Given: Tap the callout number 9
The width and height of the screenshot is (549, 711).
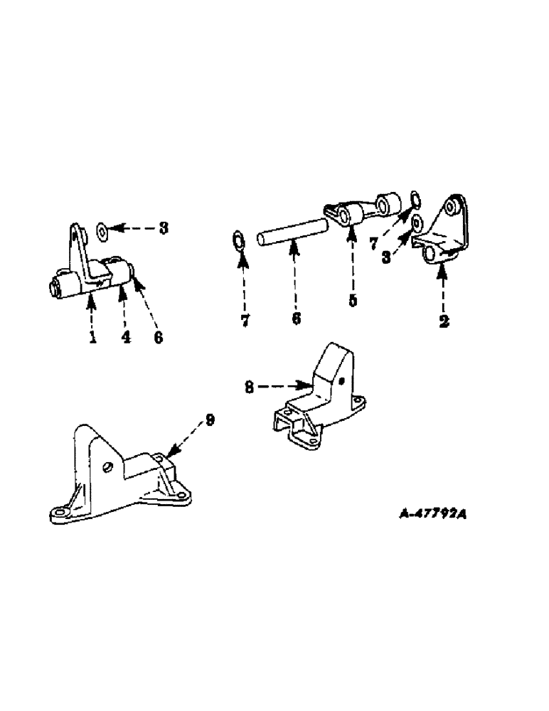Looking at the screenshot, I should coord(209,420).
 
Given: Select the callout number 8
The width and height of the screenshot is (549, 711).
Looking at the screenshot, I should coord(249,387).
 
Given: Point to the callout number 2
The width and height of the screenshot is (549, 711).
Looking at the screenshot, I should coord(444,321).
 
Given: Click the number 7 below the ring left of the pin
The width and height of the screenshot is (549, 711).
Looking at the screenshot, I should coord(245,321).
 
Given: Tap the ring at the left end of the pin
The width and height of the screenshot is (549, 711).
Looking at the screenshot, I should coord(238,240).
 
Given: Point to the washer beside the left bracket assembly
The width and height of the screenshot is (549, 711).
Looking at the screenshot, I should coord(102,229).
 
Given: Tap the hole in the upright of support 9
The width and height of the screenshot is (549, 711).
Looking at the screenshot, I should coord(107,467).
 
